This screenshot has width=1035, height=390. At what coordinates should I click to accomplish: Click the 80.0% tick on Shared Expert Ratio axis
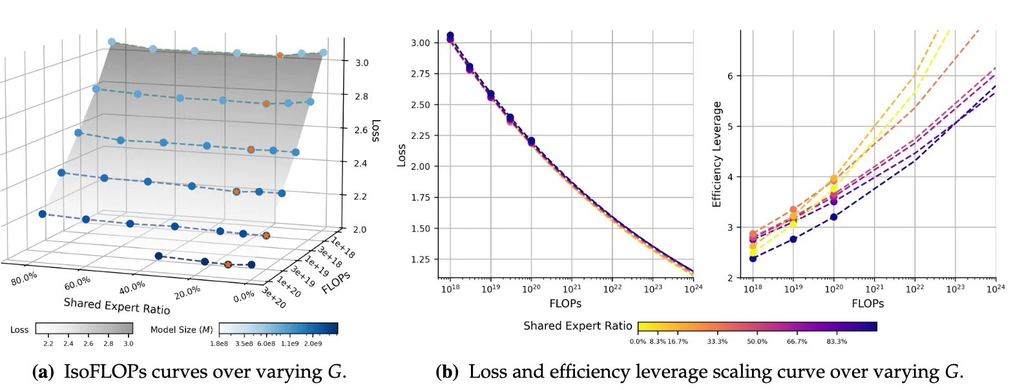click(x=25, y=279)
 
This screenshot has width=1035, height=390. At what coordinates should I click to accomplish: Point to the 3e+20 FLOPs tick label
click(x=273, y=298)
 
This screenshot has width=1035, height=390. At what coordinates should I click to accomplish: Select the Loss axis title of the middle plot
click(x=401, y=155)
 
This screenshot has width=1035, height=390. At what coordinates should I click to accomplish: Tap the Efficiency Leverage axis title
click(x=716, y=154)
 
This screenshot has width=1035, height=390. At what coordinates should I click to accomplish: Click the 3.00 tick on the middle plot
click(x=421, y=43)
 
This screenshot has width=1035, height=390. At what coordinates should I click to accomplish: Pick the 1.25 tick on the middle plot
click(x=421, y=260)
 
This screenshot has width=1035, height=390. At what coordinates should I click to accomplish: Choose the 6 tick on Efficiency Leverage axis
click(x=730, y=76)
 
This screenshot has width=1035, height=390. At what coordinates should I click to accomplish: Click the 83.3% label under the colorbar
click(x=837, y=342)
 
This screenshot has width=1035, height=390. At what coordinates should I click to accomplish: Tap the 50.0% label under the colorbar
click(x=757, y=342)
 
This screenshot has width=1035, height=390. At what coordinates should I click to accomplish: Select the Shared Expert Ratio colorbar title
click(x=578, y=326)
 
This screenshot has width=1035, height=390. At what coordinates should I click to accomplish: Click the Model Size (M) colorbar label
click(x=182, y=330)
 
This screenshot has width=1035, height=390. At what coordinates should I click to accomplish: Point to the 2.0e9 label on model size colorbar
click(x=312, y=344)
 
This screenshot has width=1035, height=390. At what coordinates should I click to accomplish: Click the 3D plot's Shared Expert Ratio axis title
click(x=116, y=305)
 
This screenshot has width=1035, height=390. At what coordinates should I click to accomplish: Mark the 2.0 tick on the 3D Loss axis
click(x=360, y=229)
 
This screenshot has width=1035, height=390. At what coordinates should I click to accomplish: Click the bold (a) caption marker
click(x=43, y=372)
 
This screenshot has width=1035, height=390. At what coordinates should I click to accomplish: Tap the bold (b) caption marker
click(x=447, y=372)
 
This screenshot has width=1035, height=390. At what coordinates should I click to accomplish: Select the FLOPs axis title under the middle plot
click(x=565, y=303)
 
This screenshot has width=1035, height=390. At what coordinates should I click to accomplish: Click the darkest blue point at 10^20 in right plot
click(x=833, y=217)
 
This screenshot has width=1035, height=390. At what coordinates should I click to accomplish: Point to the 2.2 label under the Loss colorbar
click(x=48, y=344)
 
